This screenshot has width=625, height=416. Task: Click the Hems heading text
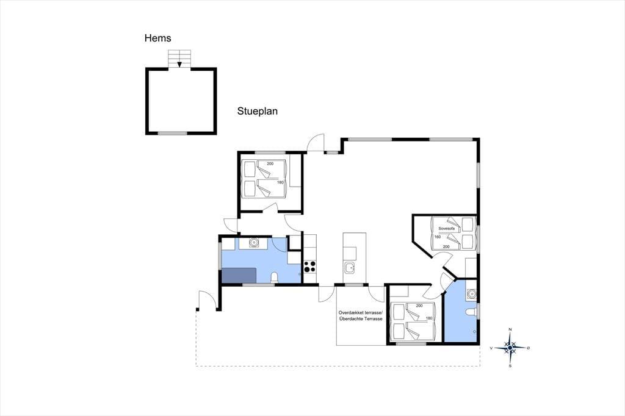(158, 38)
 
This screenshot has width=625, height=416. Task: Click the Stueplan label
(258, 111)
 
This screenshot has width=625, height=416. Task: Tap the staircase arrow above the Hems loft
(180, 63)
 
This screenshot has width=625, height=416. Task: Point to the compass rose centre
(510, 348)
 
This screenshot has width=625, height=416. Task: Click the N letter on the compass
(510, 329)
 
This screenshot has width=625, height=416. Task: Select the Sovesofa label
(446, 228)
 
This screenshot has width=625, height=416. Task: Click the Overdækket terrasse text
(360, 312)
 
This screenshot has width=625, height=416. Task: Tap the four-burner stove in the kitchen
(310, 266)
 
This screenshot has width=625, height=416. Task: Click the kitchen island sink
(350, 268)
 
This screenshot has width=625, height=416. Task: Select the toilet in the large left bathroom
(274, 278)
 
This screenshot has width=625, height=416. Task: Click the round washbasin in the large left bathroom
(253, 242)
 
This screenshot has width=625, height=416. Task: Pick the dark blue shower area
(239, 275)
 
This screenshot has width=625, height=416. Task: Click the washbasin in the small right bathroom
(472, 294)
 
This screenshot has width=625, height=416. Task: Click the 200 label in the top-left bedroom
(270, 163)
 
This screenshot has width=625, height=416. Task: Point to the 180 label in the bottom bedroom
(429, 318)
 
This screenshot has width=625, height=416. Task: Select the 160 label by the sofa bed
(437, 237)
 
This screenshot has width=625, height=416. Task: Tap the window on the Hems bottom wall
(173, 133)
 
